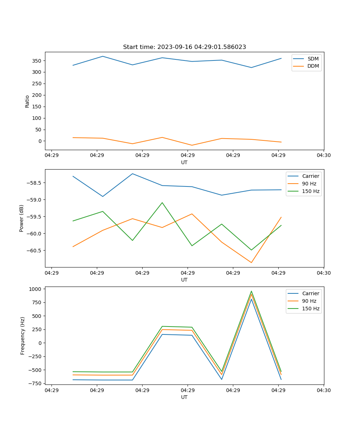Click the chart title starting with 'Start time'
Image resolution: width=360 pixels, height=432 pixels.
(184, 47)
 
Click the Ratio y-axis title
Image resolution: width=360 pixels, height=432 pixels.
(27, 101)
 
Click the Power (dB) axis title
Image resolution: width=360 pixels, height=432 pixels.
(22, 218)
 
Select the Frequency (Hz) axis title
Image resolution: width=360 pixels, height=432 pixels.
(22, 336)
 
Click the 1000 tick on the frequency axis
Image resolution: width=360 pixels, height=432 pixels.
(37, 289)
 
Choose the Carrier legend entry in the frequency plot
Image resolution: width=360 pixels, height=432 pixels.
(310, 293)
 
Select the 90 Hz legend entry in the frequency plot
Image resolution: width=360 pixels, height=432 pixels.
(309, 301)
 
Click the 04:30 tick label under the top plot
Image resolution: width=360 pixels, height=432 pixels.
(324, 156)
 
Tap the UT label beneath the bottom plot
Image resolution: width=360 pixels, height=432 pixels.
(184, 397)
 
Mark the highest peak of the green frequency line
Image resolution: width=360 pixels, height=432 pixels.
(251, 291)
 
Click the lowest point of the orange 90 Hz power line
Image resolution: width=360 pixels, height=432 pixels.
(251, 263)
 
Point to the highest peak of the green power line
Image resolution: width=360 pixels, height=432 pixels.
(162, 202)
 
